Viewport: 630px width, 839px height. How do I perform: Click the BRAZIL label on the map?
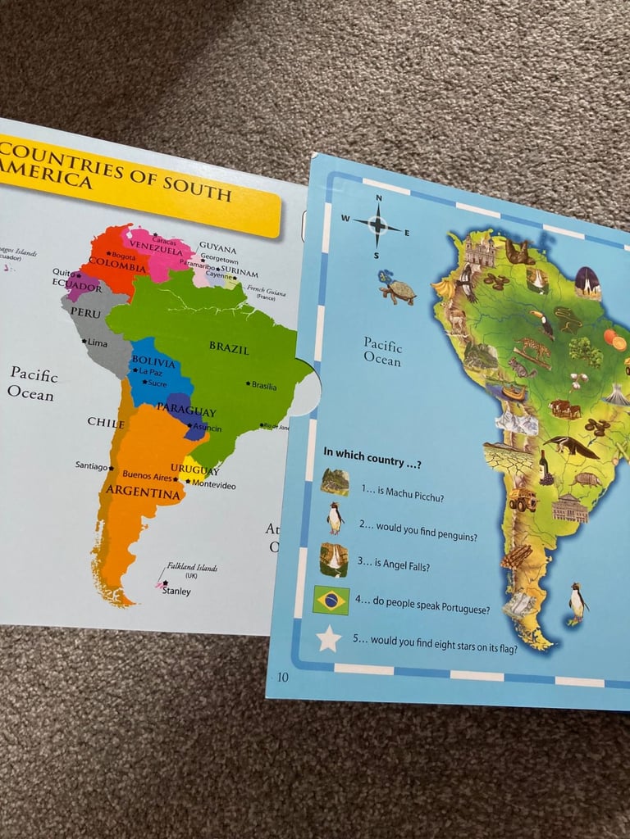click(229, 347)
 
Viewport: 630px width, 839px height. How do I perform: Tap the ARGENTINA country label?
click(142, 493)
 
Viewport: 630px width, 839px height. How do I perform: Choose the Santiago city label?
click(92, 465)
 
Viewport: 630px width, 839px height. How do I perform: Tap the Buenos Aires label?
click(147, 475)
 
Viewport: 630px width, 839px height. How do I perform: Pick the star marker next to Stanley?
click(164, 583)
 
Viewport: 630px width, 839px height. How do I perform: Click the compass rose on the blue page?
click(377, 223)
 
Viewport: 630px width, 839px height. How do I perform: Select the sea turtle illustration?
click(397, 288)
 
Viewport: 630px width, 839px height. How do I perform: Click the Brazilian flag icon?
click(331, 601)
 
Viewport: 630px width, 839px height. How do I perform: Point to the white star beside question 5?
click(329, 638)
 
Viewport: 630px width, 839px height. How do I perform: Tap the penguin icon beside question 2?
click(335, 517)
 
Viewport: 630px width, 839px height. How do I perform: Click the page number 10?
click(283, 676)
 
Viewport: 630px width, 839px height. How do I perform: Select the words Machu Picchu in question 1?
click(422, 490)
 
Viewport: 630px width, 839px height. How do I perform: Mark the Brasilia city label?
click(263, 385)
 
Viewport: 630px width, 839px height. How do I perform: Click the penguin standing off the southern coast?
click(578, 604)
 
